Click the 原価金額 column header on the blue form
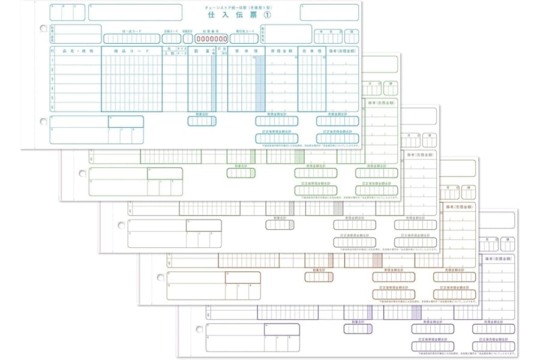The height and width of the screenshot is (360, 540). (x=281, y=52)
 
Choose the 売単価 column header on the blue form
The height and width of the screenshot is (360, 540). (x=311, y=52)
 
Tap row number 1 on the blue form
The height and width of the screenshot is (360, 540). (x=53, y=60)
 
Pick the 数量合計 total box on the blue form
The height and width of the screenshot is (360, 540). (x=202, y=121)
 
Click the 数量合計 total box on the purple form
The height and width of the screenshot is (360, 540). (x=358, y=329)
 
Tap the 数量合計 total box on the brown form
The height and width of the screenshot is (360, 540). (x=319, y=277)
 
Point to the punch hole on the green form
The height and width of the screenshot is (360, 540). (x=83, y=174)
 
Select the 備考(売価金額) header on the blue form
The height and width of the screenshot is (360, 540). (x=343, y=52)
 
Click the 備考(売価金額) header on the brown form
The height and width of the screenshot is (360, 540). (x=458, y=205)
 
